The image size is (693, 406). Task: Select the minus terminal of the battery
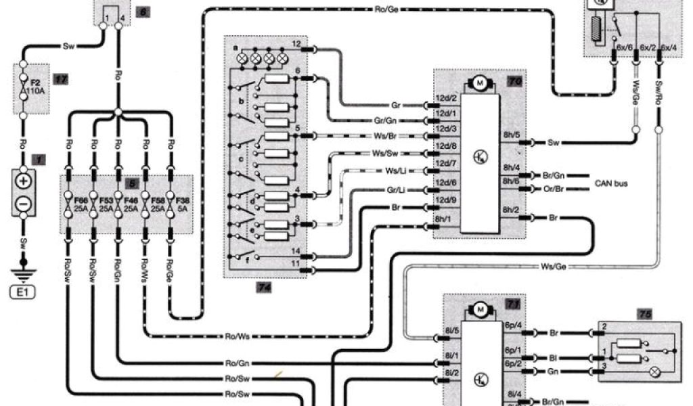(x=23, y=202)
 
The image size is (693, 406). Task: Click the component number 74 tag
(x=265, y=287)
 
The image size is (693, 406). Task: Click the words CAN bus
(x=611, y=183)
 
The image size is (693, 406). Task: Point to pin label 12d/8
(x=446, y=145)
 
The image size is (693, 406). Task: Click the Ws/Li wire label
(x=397, y=170)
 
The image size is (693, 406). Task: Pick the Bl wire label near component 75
(x=553, y=355)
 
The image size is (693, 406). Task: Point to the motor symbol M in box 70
(x=480, y=83)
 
